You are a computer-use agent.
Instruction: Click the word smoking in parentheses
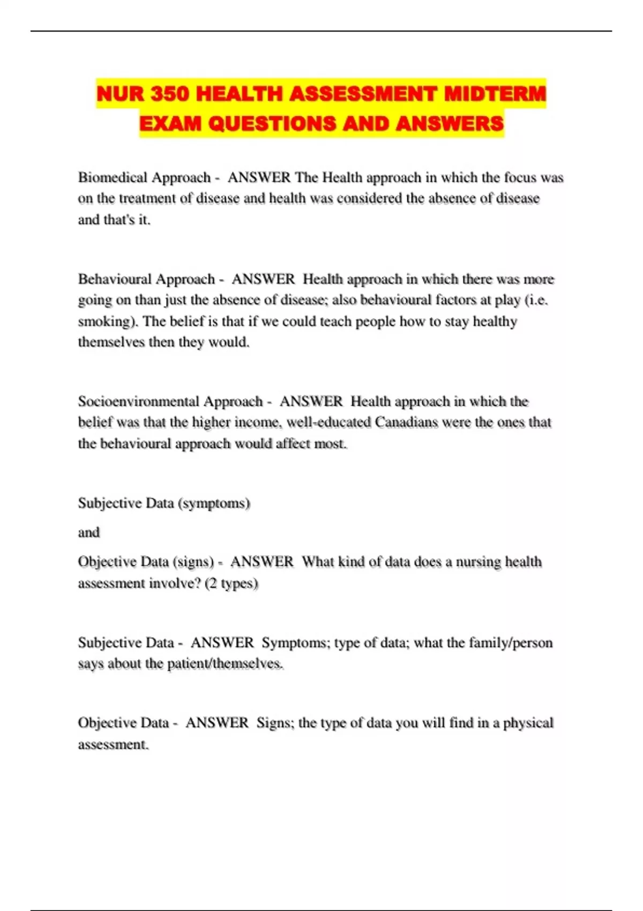click(103, 322)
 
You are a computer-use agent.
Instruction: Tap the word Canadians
click(409, 422)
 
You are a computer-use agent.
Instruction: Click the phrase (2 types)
click(231, 583)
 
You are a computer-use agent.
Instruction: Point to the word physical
click(528, 723)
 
